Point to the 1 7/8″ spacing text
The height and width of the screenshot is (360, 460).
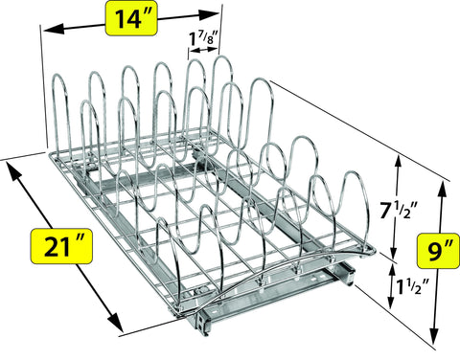(x=203, y=39)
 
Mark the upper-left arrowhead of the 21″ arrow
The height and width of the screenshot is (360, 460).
(x=11, y=169)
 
